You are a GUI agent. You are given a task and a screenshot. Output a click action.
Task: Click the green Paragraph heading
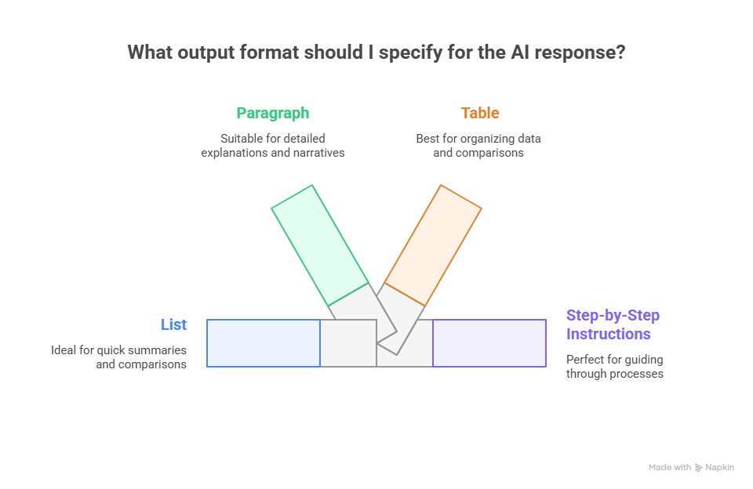(x=272, y=113)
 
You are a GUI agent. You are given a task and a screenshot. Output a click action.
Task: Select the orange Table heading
(x=479, y=113)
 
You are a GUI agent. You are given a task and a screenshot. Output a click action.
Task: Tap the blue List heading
(x=173, y=324)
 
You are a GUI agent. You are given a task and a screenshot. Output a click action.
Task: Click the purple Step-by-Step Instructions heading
(x=613, y=324)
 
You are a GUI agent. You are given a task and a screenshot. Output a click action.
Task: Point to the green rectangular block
(x=319, y=244)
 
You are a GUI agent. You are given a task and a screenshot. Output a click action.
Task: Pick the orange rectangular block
(x=433, y=244)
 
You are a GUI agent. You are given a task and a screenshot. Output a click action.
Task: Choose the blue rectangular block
(x=264, y=343)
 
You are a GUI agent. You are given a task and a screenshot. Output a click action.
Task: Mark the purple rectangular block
(x=489, y=343)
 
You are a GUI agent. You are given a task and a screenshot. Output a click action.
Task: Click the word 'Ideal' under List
(x=64, y=350)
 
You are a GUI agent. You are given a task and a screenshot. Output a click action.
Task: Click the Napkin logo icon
(x=699, y=468)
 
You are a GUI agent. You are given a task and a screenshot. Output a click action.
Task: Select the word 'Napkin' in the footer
(x=720, y=468)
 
